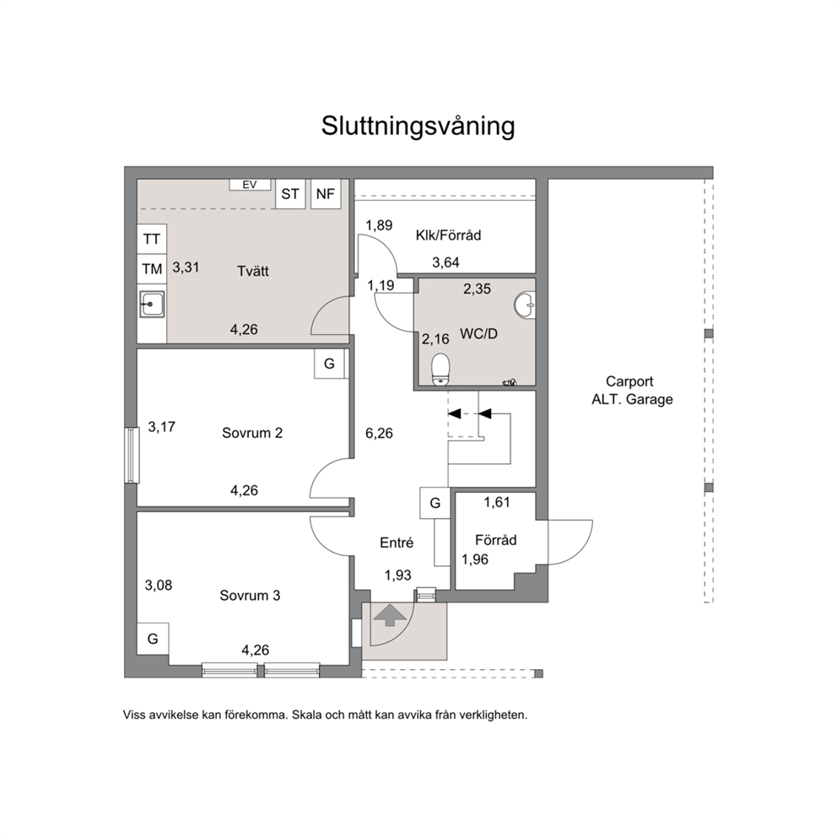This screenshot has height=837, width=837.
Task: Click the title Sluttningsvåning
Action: point(418,127)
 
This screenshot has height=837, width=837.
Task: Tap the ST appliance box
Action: point(290,194)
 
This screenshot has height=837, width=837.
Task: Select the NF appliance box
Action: point(326,194)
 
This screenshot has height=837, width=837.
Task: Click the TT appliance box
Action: point(152,239)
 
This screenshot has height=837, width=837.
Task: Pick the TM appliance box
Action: point(152,269)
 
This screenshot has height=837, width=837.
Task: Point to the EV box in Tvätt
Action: point(249,185)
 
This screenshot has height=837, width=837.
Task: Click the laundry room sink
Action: point(152,305)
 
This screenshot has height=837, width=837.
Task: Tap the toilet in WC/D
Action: point(441,370)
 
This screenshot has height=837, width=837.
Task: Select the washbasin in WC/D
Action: point(525,305)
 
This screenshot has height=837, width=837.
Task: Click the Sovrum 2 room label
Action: point(252,433)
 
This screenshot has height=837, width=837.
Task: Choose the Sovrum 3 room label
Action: point(250,595)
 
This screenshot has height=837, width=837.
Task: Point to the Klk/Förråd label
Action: point(448,235)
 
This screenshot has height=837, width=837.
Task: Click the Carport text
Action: point(629,381)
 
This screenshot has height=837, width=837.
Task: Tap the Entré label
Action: point(397,543)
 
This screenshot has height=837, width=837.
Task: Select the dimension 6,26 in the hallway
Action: point(379,434)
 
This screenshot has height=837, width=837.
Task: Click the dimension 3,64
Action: point(445,262)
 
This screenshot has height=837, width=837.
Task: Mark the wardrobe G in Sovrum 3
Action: point(154,639)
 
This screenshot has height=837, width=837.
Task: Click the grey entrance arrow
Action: point(390,614)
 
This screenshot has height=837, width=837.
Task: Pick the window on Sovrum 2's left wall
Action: point(132,456)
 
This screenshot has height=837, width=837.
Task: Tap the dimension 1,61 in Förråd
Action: point(497,502)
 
